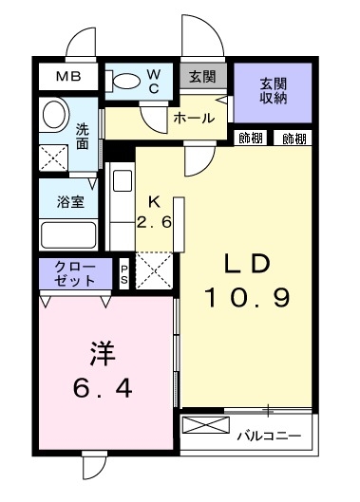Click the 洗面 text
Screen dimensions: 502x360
(84, 136)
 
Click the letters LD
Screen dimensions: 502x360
(248, 263)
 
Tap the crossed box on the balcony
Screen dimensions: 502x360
(203, 425)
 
